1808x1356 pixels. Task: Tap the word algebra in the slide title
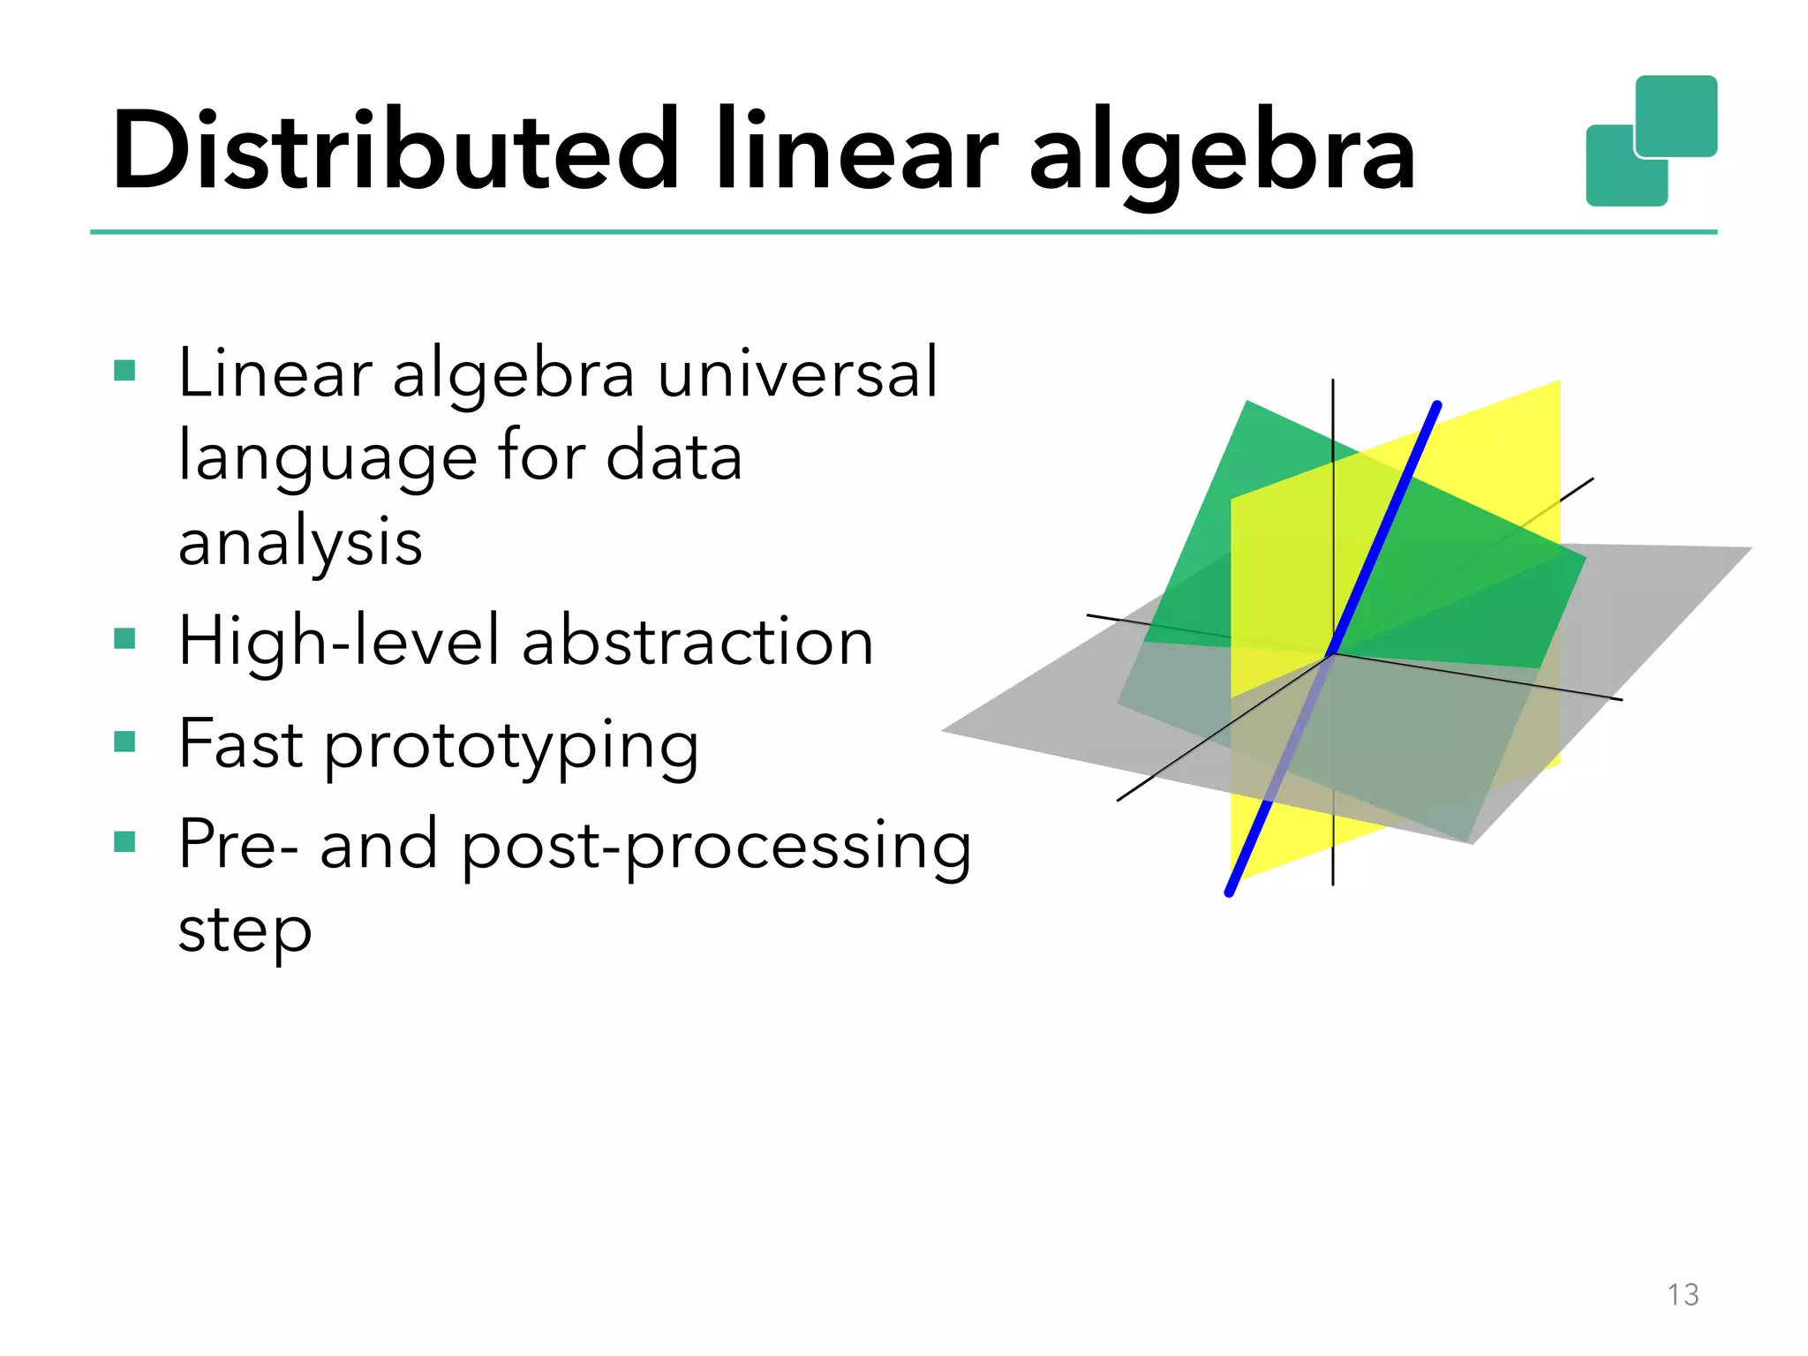[1222, 154]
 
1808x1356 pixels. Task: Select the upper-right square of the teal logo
[1676, 116]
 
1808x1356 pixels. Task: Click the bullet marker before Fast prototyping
[124, 741]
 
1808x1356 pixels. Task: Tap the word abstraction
[697, 642]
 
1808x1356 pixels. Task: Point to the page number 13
[1683, 1294]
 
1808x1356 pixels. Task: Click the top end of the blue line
[1438, 405]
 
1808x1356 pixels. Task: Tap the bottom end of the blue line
[1229, 893]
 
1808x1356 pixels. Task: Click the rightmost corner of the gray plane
[1750, 548]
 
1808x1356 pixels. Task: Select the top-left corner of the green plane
[1247, 402]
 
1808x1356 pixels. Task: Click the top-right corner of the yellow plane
[1560, 381]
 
